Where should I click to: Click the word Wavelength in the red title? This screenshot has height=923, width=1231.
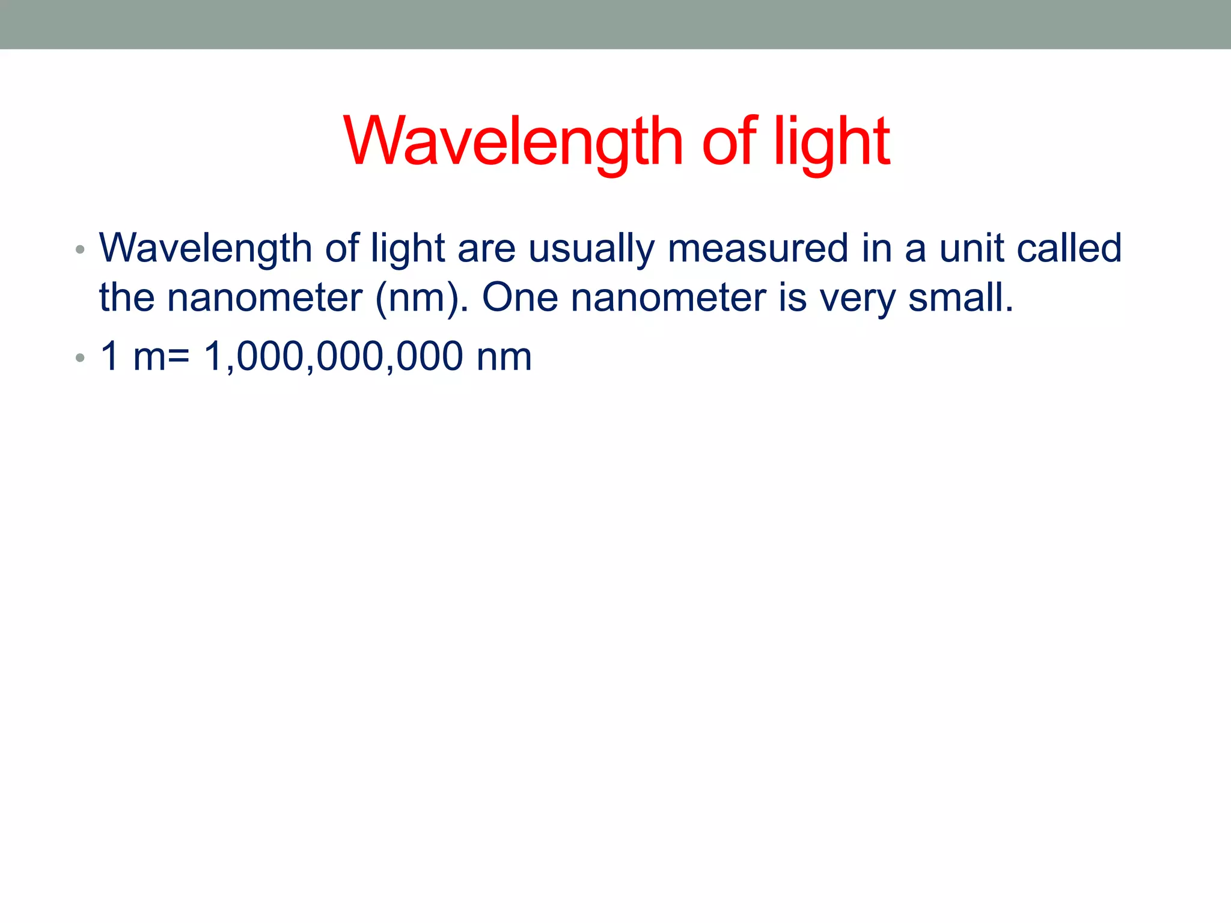(513, 142)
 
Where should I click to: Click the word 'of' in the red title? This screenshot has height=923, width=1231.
(729, 142)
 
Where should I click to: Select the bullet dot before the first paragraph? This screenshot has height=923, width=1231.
(80, 249)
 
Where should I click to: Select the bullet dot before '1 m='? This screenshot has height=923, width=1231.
(80, 358)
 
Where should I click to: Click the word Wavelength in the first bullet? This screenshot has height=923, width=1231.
(205, 248)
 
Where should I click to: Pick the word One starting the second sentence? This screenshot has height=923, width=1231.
(520, 297)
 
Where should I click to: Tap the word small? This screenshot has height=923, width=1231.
(960, 297)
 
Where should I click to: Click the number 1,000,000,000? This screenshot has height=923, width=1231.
(333, 356)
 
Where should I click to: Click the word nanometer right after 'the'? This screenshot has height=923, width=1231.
(264, 297)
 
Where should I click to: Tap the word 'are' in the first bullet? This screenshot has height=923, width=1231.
(486, 248)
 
